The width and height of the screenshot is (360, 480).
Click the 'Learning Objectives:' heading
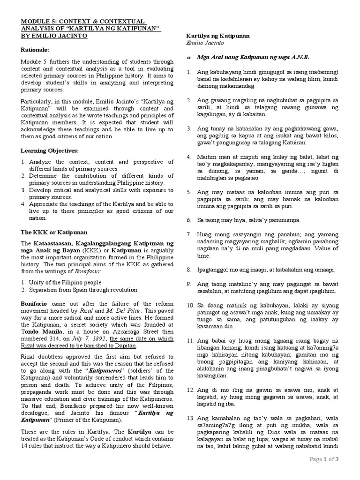click(50, 150)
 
